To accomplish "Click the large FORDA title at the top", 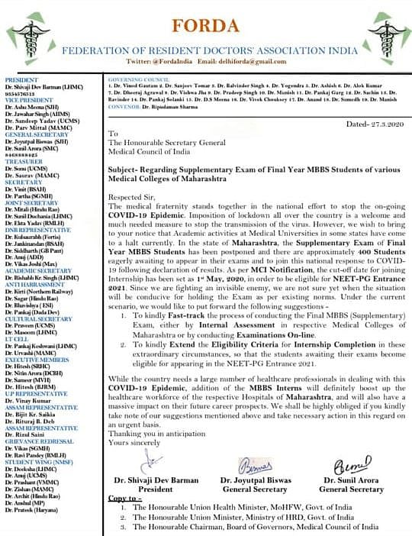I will [206, 16].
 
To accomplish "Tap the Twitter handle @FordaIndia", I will [158, 60].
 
